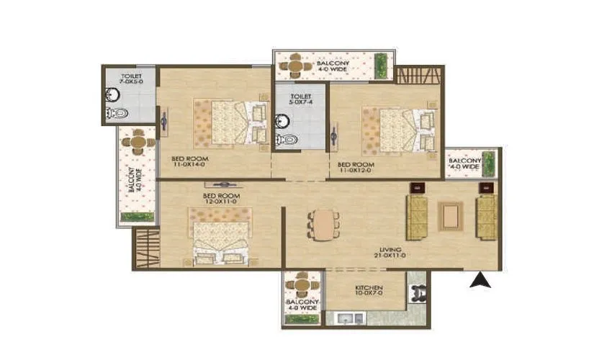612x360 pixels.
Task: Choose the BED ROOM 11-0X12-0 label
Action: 356,168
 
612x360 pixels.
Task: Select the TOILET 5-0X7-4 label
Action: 300,99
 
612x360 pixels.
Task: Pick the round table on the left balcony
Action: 138,143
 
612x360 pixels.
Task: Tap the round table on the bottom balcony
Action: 301,284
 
